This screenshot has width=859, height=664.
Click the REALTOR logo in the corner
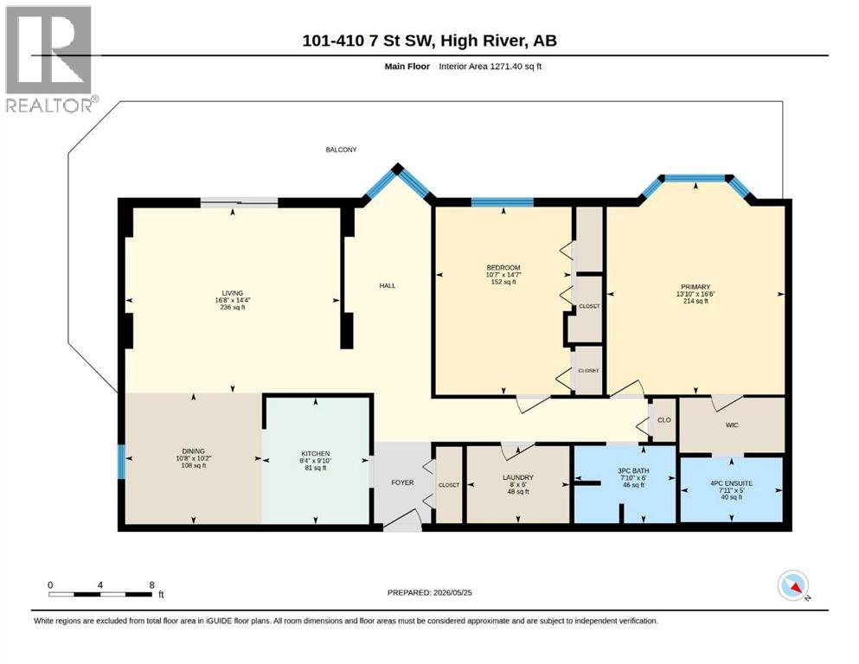click(49, 59)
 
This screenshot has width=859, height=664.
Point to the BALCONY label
click(342, 150)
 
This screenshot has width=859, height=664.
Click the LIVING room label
click(233, 293)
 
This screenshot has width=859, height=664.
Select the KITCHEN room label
click(316, 453)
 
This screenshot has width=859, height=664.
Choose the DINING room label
click(194, 451)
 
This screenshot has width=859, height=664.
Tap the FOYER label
click(402, 482)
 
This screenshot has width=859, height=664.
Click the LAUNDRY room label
click(517, 477)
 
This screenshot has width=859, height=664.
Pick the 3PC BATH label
click(633, 471)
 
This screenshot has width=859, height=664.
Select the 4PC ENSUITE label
click(731, 483)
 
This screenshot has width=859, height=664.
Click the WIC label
click(732, 425)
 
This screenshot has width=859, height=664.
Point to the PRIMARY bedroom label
click(696, 287)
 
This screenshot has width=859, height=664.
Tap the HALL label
click(388, 285)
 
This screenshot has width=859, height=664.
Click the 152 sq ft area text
click(503, 282)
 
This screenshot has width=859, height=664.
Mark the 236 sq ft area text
click(233, 307)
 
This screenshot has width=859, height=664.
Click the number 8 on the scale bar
click(151, 584)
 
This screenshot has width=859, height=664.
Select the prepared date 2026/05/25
click(452, 592)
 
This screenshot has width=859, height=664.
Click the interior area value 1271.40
click(503, 67)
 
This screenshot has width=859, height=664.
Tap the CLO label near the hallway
click(664, 420)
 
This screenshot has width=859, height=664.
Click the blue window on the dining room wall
click(122, 462)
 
